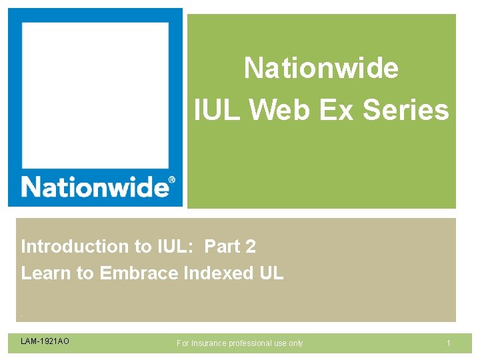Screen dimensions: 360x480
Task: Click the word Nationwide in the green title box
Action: click(x=321, y=68)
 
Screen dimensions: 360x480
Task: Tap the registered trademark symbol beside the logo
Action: click(x=172, y=180)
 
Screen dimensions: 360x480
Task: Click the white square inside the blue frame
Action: click(x=95, y=93)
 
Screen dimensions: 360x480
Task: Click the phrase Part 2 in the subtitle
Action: click(x=230, y=247)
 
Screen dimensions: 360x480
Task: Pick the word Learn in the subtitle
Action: click(x=43, y=273)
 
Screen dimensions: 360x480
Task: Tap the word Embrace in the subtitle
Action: click(x=139, y=273)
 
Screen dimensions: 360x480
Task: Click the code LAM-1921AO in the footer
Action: click(x=45, y=342)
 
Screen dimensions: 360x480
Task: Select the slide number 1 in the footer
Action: click(x=449, y=343)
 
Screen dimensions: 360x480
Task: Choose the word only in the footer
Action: click(x=296, y=343)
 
